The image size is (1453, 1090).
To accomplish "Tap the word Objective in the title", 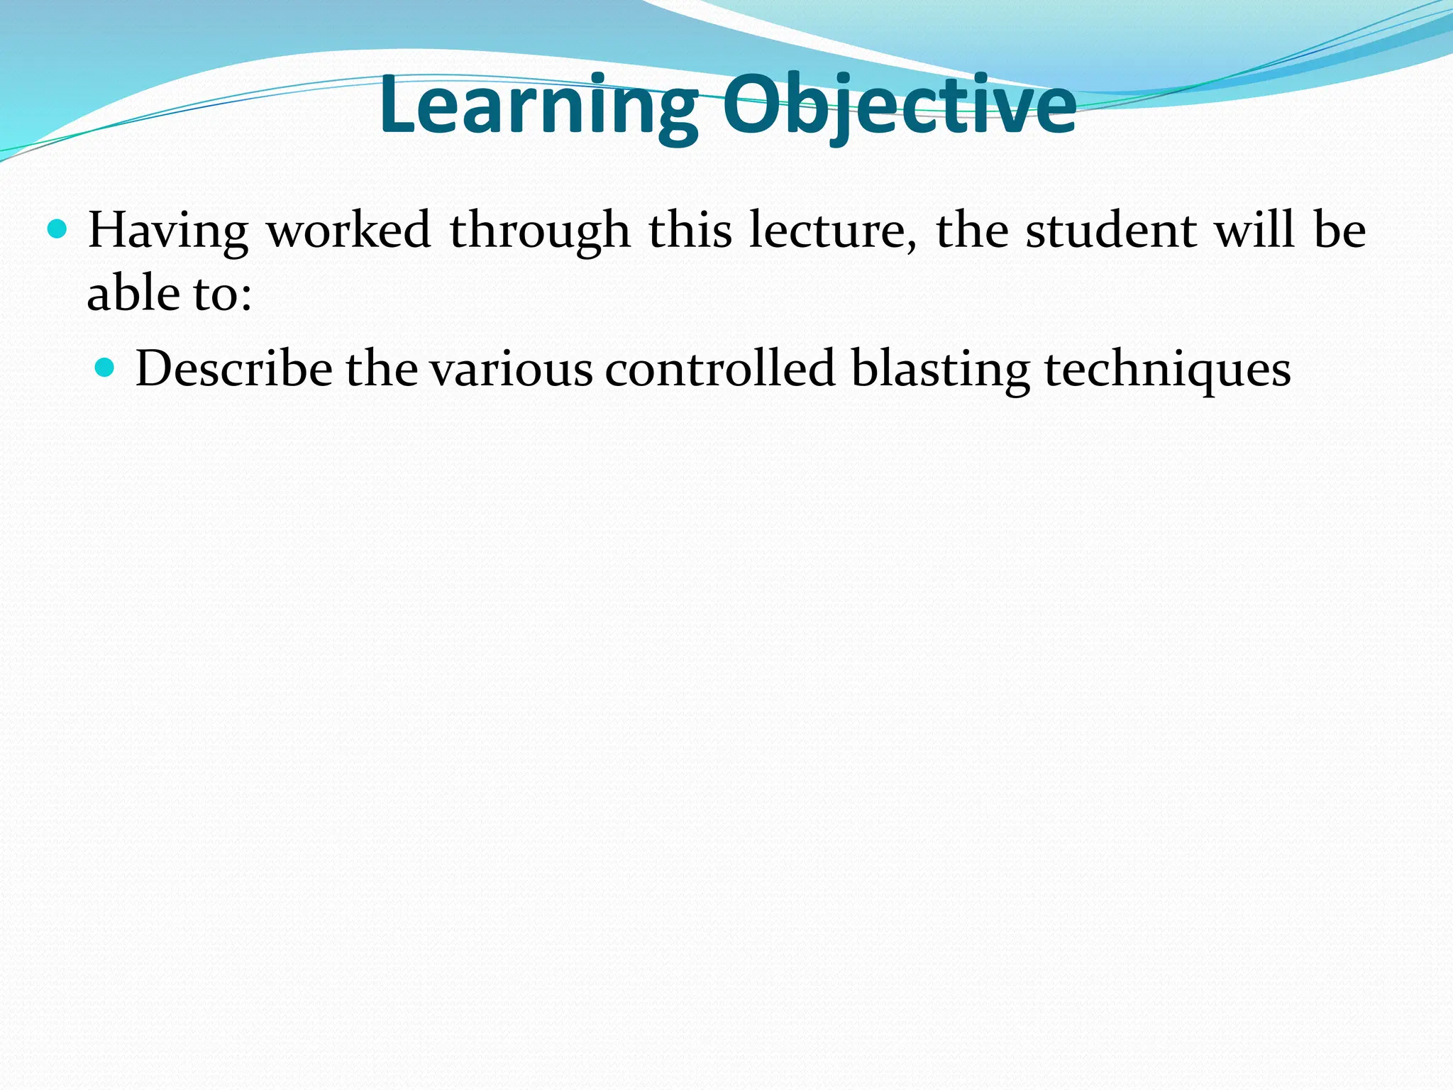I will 900,106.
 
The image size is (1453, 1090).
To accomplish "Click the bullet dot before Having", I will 56,229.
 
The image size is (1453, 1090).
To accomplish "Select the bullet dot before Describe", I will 104,367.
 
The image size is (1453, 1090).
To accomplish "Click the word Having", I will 167,231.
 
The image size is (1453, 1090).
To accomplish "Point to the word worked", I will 348,231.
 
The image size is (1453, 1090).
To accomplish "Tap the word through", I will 540,231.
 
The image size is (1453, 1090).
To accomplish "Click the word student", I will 1111,231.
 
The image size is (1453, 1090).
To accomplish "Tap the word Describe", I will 233,369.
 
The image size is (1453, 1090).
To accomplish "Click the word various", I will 511,369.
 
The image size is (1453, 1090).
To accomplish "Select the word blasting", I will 940,369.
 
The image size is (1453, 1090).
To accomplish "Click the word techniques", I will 1167,369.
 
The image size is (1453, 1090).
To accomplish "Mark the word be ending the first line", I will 1339,231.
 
